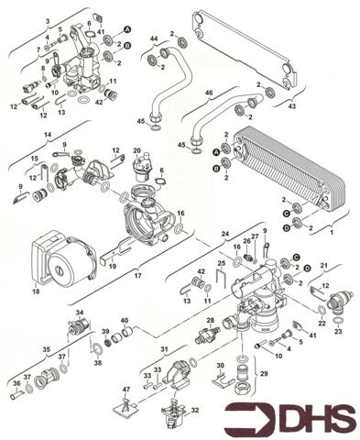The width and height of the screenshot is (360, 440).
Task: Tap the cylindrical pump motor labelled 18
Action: (63, 261)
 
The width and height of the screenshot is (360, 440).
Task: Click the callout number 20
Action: (137, 150)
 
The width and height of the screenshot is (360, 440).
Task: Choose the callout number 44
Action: (154, 38)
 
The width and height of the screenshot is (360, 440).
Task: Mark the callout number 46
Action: (208, 93)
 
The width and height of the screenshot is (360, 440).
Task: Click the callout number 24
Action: (223, 235)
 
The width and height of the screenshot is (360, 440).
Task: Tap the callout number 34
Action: (80, 313)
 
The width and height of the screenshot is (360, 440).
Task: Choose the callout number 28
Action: (210, 320)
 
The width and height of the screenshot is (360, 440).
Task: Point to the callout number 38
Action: (97, 363)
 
